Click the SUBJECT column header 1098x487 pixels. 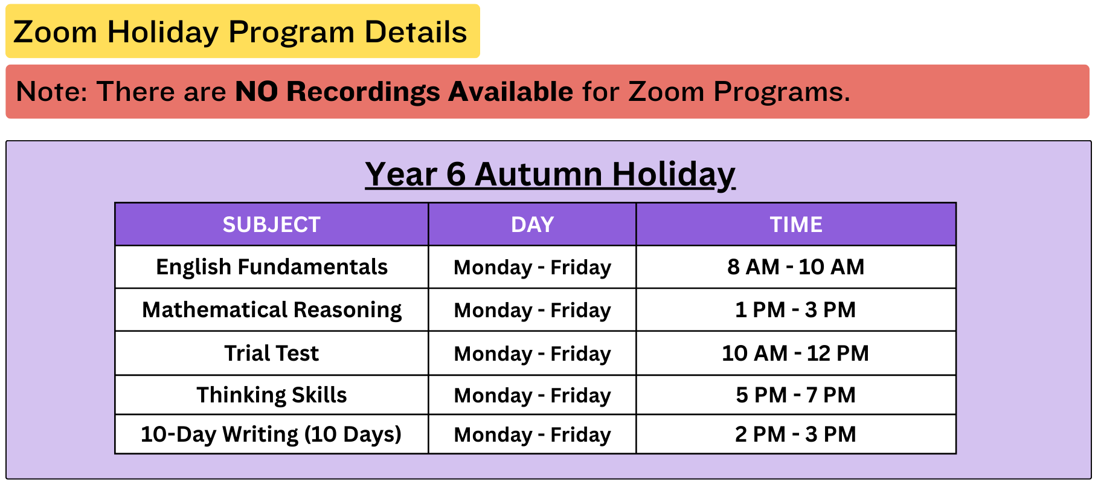(x=271, y=225)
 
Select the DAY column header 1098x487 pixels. (x=532, y=225)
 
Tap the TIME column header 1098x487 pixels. (x=796, y=225)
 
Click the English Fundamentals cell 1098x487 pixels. (x=272, y=267)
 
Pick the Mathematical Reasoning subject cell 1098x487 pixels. (x=272, y=310)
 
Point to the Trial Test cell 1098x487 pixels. (x=272, y=353)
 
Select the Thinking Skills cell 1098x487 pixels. (x=272, y=395)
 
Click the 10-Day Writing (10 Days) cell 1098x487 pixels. (x=271, y=434)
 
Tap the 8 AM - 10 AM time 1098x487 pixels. (x=796, y=267)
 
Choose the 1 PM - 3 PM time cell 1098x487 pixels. (x=796, y=310)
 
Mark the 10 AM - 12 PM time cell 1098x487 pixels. (x=796, y=353)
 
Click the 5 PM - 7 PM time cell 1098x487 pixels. (x=796, y=395)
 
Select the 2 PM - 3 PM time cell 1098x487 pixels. (x=796, y=434)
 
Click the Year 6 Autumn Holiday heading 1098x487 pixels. (x=550, y=175)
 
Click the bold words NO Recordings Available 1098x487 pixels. (x=404, y=92)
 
